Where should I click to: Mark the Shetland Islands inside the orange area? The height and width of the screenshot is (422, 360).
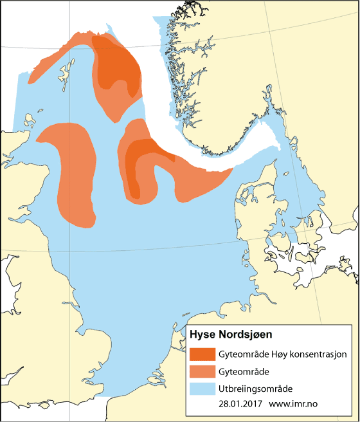pyautogui.click(x=66, y=68)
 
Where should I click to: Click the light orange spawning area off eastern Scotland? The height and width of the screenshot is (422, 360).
pyautogui.click(x=74, y=174)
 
